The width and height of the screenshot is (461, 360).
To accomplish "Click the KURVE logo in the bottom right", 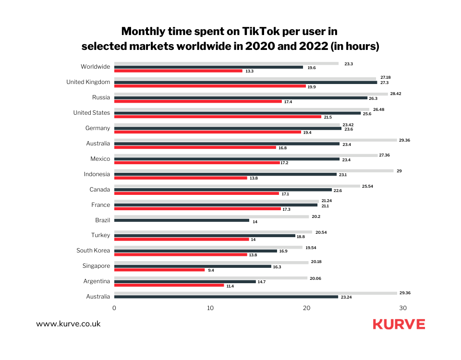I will (x=399, y=324).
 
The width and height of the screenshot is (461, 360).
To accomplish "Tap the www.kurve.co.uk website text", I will (x=68, y=324).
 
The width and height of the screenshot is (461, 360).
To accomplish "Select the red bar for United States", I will (x=218, y=117).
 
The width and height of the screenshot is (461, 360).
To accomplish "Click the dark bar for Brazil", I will (x=182, y=220).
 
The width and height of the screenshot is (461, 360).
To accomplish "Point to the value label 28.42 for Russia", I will (x=396, y=94).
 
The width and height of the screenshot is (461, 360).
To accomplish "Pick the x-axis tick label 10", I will (x=210, y=308).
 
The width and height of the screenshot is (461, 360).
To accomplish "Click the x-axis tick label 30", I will (x=403, y=308).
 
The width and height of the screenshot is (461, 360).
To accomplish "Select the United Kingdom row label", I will (x=88, y=82).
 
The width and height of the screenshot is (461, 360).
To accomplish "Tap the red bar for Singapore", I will (x=159, y=270).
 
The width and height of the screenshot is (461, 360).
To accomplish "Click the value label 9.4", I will (x=211, y=270).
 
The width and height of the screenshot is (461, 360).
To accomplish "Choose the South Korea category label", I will (x=93, y=251).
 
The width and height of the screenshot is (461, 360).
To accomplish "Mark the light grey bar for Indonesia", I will (x=254, y=170).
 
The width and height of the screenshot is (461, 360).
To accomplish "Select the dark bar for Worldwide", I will (x=208, y=67).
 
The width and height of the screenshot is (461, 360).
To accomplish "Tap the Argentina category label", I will (x=96, y=281).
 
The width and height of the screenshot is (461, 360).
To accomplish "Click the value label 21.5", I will (x=328, y=117).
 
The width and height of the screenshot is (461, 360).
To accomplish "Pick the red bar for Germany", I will (x=207, y=132).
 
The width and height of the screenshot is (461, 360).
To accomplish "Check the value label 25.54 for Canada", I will (x=367, y=186).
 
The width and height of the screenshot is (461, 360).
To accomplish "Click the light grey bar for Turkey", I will (x=213, y=232).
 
